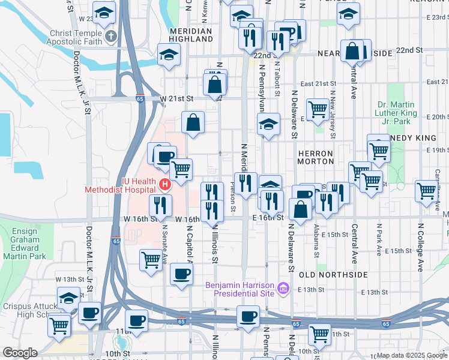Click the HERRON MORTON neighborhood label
pyautogui.click(x=316, y=158)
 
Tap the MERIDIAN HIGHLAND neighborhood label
pyautogui.click(x=191, y=35)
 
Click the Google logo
pyautogui.click(x=20, y=353)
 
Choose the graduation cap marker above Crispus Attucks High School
pyautogui.click(x=68, y=297)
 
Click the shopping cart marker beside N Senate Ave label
pyautogui.click(x=150, y=260)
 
